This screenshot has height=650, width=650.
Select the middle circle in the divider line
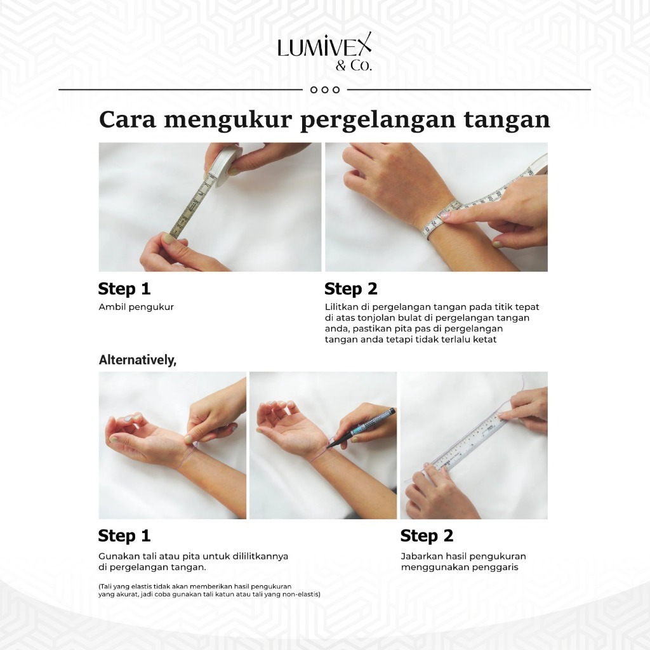[x=325, y=90]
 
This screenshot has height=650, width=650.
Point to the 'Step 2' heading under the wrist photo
[x=351, y=289]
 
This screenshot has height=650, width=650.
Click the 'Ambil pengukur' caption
[x=136, y=307]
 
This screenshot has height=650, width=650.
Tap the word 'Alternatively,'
[x=138, y=360]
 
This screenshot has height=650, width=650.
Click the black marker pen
[x=361, y=428]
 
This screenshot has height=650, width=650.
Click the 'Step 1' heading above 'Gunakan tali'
[x=124, y=536]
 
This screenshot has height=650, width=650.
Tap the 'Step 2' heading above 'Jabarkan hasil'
[x=427, y=536]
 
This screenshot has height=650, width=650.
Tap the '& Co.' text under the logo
[x=354, y=66]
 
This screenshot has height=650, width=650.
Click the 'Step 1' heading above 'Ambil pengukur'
[x=124, y=289]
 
